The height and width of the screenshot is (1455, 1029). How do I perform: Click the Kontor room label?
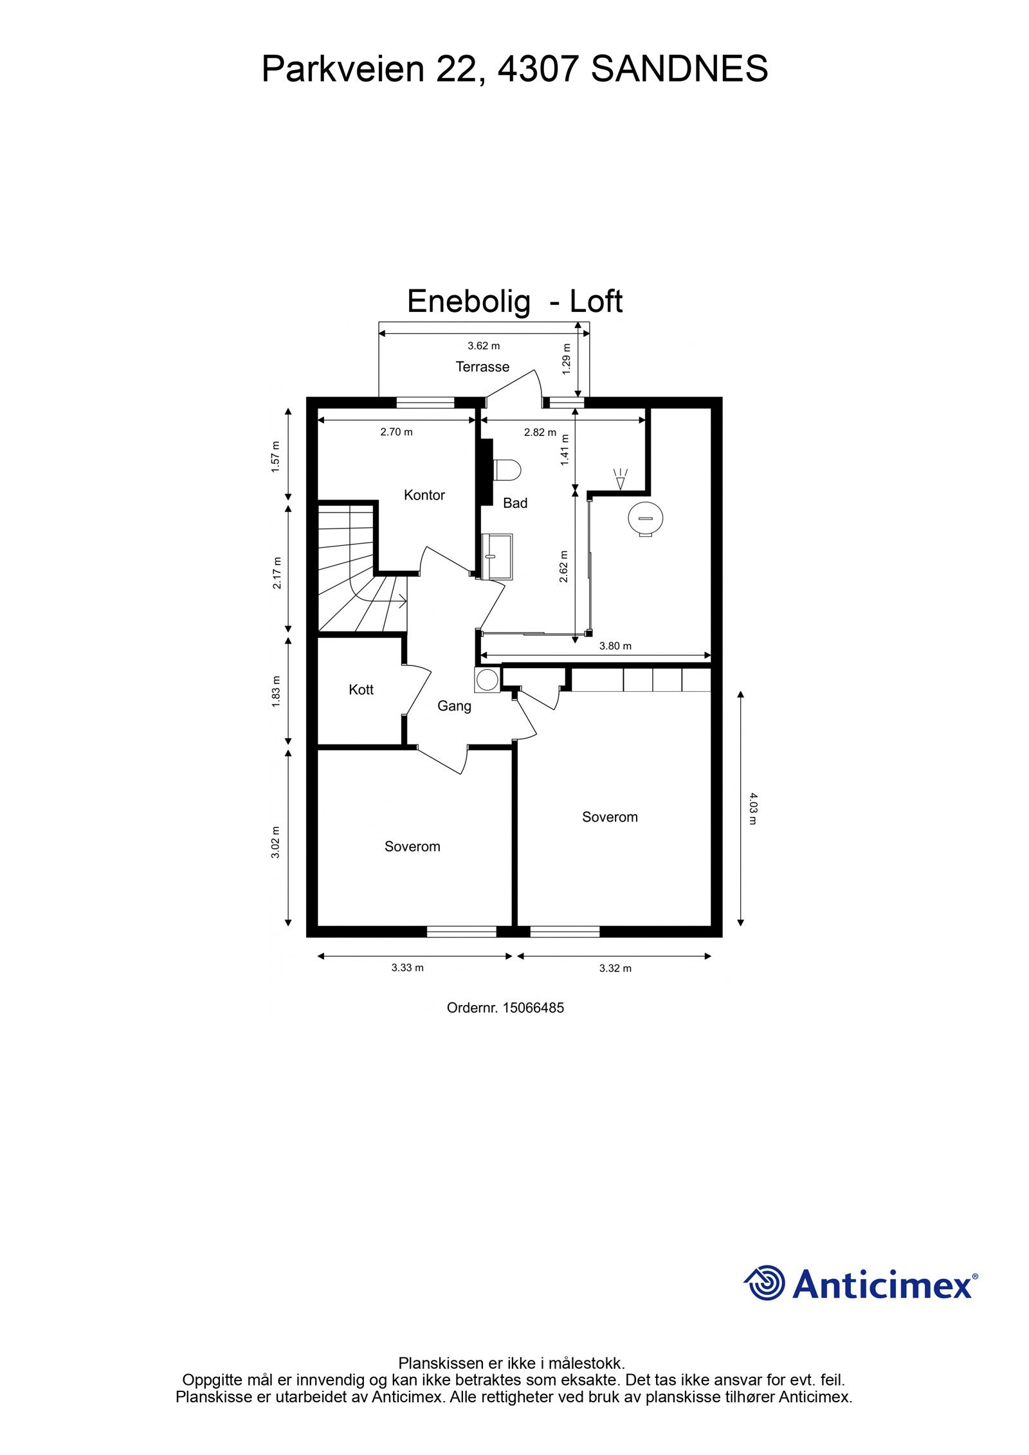click(x=424, y=495)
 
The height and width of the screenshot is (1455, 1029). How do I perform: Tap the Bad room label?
click(x=514, y=503)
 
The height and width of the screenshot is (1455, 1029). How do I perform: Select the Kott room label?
click(x=361, y=689)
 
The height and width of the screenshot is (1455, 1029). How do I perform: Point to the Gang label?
click(x=454, y=706)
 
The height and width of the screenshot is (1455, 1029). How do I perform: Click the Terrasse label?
click(x=482, y=366)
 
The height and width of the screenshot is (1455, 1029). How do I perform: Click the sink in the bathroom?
click(x=497, y=556)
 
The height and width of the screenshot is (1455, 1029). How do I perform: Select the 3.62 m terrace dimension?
click(x=484, y=346)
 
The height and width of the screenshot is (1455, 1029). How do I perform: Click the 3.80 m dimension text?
click(x=615, y=646)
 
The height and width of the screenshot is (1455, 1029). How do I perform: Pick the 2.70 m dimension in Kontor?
click(x=396, y=432)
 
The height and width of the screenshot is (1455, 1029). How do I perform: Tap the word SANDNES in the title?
click(x=679, y=69)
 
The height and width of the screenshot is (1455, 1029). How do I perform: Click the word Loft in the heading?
click(x=596, y=301)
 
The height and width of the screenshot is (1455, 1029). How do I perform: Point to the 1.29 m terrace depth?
click(x=567, y=365)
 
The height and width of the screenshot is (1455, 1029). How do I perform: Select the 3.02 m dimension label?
click(x=275, y=842)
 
